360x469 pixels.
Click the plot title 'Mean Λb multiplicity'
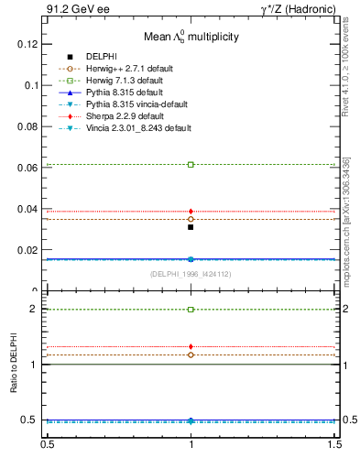coord(191,38)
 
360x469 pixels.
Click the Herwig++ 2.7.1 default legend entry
coord(128,69)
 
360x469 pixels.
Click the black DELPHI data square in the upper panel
coord(191,226)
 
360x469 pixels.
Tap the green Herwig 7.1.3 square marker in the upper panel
coord(191,164)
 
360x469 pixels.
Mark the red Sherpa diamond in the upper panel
coord(191,212)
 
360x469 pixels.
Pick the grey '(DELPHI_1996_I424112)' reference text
coord(191,274)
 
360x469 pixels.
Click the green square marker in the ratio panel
coord(191,310)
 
